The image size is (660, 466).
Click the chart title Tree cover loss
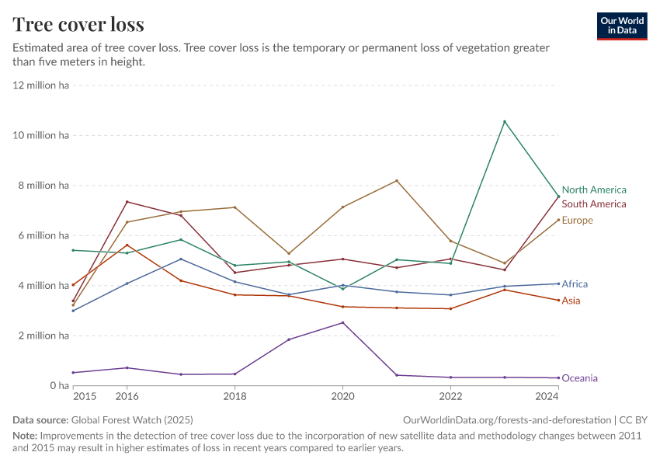click(78, 24)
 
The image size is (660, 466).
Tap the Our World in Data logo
click(622, 26)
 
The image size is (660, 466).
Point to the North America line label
click(593, 190)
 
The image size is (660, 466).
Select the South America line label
click(593, 204)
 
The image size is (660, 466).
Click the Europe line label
click(577, 221)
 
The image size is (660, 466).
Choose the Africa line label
click(575, 284)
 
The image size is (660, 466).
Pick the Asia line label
click(571, 301)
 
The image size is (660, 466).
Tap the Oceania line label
click(579, 378)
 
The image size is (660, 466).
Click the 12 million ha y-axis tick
click(42, 85)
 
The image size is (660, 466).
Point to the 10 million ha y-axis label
click(42, 135)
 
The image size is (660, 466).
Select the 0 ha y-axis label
click(60, 386)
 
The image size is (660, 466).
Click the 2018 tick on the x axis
click(234, 397)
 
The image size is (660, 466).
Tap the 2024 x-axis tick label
click(547, 397)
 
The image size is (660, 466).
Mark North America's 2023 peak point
click(505, 122)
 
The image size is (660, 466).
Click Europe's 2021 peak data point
click(397, 181)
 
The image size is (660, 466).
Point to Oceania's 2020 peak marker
click(342, 322)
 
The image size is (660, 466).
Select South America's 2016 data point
click(127, 202)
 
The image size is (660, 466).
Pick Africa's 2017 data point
click(181, 259)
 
